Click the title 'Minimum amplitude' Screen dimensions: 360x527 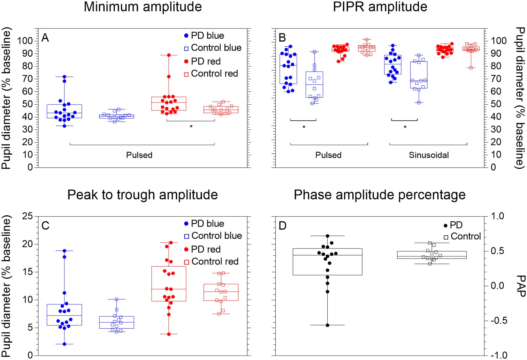point(142,7)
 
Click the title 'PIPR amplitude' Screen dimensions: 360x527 point(380,7)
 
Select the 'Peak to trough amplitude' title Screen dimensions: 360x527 point(142,195)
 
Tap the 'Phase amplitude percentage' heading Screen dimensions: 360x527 point(379,195)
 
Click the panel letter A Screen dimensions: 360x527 point(45,38)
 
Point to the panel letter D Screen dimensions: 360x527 point(282,226)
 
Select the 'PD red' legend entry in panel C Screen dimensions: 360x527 point(206,249)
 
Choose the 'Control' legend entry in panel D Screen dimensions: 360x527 point(465,237)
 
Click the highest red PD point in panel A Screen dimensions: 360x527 point(169,55)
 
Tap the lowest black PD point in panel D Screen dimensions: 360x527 point(327,325)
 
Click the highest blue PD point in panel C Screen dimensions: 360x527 point(64,251)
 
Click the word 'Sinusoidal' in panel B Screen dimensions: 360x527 point(429,155)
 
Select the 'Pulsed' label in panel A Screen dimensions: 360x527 point(139,155)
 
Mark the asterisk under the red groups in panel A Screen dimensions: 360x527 point(191,127)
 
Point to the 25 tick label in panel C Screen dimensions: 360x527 point(27,216)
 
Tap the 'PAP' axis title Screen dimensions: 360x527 point(520,286)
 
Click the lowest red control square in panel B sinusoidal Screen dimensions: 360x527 point(471,68)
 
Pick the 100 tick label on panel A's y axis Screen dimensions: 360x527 point(25,41)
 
